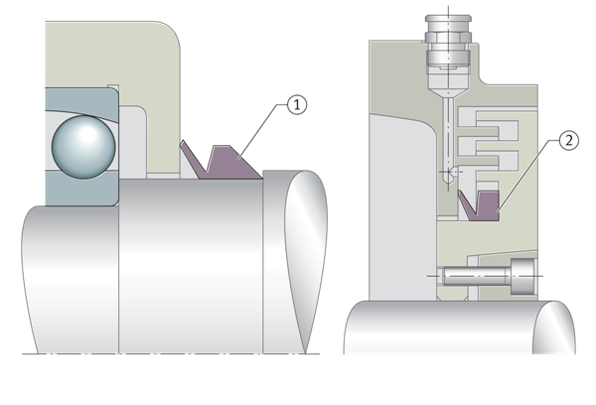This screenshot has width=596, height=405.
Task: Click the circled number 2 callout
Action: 567,141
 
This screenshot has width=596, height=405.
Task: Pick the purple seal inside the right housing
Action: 481,205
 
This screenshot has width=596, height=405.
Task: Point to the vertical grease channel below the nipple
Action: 448,139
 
